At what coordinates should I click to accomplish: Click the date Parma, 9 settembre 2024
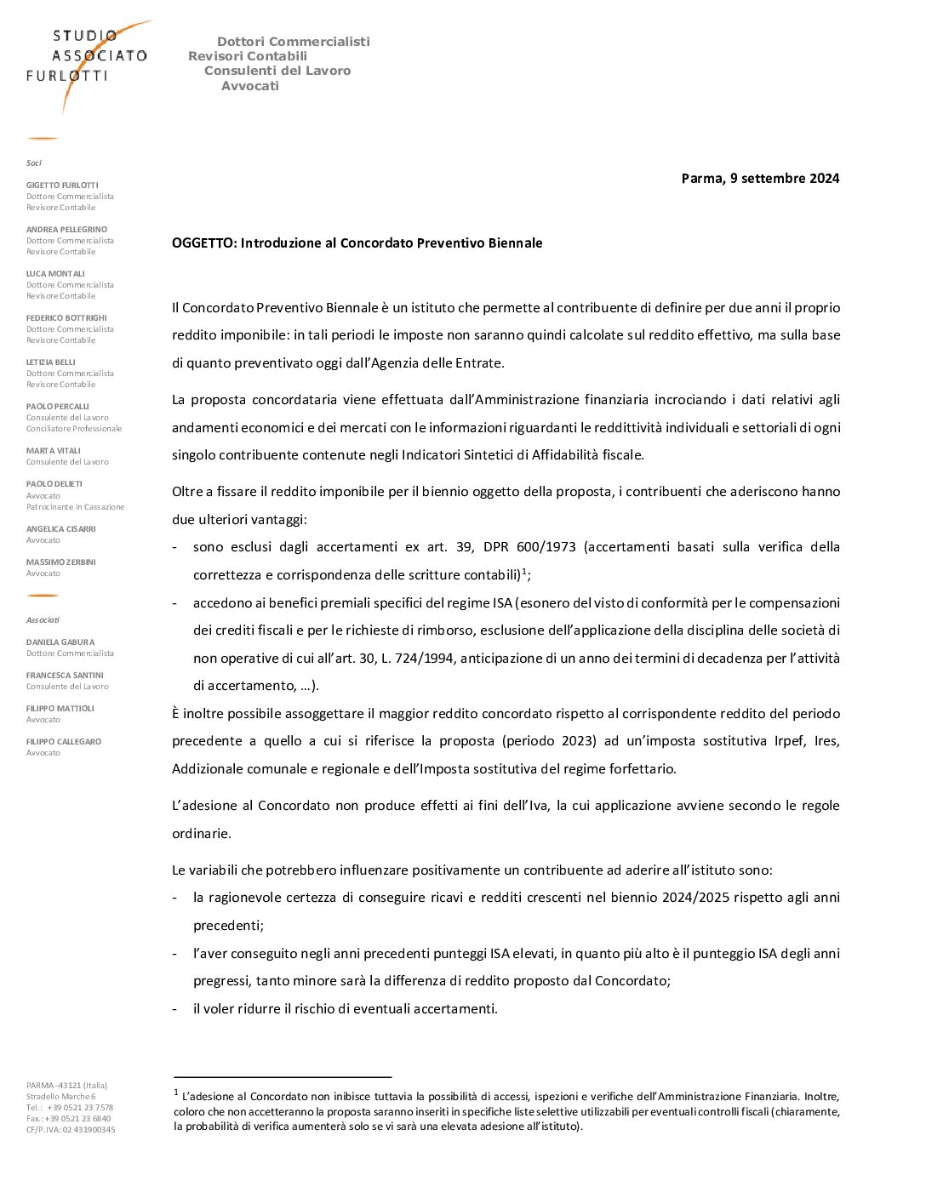click(x=760, y=179)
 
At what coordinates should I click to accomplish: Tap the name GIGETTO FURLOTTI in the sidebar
click(x=62, y=185)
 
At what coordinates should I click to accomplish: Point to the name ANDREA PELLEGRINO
click(x=66, y=230)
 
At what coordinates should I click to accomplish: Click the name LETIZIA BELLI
click(x=50, y=362)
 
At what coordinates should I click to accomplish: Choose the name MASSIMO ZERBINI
click(x=60, y=562)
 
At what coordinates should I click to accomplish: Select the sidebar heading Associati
click(x=43, y=620)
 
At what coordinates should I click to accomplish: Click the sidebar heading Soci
click(x=33, y=163)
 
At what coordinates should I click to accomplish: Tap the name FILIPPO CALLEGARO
click(x=63, y=742)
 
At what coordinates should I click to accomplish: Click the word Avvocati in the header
click(x=250, y=86)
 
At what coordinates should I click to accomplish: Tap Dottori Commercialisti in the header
click(x=293, y=42)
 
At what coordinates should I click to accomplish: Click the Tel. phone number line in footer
click(x=69, y=1108)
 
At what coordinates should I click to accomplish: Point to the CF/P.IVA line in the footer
click(x=71, y=1130)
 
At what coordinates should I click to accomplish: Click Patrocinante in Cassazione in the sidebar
click(x=75, y=507)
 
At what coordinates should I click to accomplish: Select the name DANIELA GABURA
click(x=60, y=642)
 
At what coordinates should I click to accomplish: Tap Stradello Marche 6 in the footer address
click(x=60, y=1097)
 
